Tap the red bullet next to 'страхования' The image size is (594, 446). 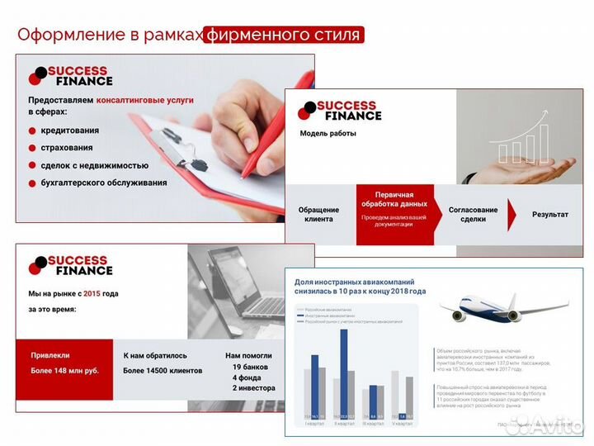(x=32, y=148)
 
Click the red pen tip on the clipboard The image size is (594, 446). (x=244, y=175)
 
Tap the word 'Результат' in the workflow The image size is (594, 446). (x=549, y=215)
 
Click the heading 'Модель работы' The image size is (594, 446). (x=328, y=133)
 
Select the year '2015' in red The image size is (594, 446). (x=91, y=293)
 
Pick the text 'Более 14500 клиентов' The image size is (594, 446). (x=162, y=371)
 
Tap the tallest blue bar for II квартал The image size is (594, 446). (x=344, y=369)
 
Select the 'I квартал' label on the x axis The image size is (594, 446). (x=314, y=424)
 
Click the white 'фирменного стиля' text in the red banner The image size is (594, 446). (x=282, y=36)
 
